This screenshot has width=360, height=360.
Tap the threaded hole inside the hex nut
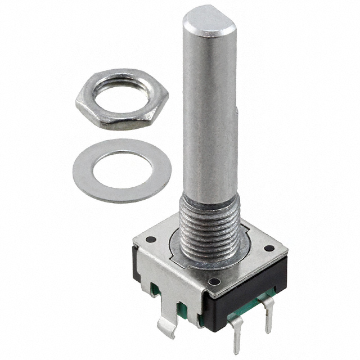click(122, 94)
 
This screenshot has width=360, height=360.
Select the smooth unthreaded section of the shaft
click(209, 112)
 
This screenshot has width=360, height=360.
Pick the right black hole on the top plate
click(269, 248)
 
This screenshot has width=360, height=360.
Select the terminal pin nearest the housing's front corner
click(236, 332)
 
